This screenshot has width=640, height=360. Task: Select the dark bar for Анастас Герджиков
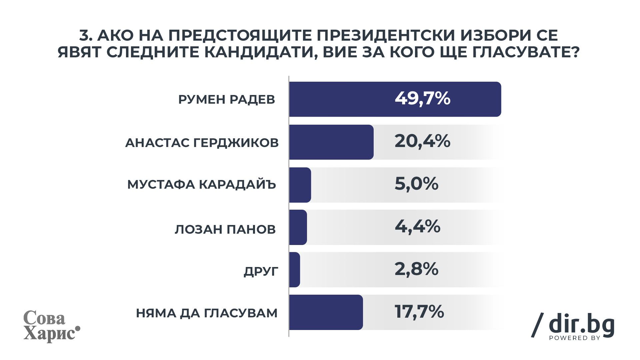pyautogui.click(x=331, y=142)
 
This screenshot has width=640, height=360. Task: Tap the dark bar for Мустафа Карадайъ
pyautogui.click(x=300, y=185)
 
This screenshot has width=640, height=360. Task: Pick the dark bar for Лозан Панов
pyautogui.click(x=298, y=227)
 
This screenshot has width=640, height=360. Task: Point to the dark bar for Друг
pyautogui.click(x=295, y=269)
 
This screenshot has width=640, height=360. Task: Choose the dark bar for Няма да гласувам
pyautogui.click(x=326, y=312)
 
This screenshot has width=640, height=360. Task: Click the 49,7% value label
pyautogui.click(x=422, y=99)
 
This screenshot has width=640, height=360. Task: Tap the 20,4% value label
pyautogui.click(x=422, y=141)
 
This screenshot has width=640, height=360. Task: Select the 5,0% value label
pyautogui.click(x=416, y=184)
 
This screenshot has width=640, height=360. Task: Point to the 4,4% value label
pyautogui.click(x=417, y=227)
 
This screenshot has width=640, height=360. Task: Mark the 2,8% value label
pyautogui.click(x=416, y=269)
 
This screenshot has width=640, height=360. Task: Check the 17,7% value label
pyautogui.click(x=419, y=312)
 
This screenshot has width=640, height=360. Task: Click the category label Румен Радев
pyautogui.click(x=227, y=100)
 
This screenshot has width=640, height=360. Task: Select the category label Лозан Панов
pyautogui.click(x=225, y=230)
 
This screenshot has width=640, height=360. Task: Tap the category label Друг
pyautogui.click(x=261, y=272)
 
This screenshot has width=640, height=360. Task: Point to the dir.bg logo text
pyautogui.click(x=581, y=324)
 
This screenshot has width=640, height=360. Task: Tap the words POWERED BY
pyautogui.click(x=575, y=338)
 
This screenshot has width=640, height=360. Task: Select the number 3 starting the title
pyautogui.click(x=84, y=36)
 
